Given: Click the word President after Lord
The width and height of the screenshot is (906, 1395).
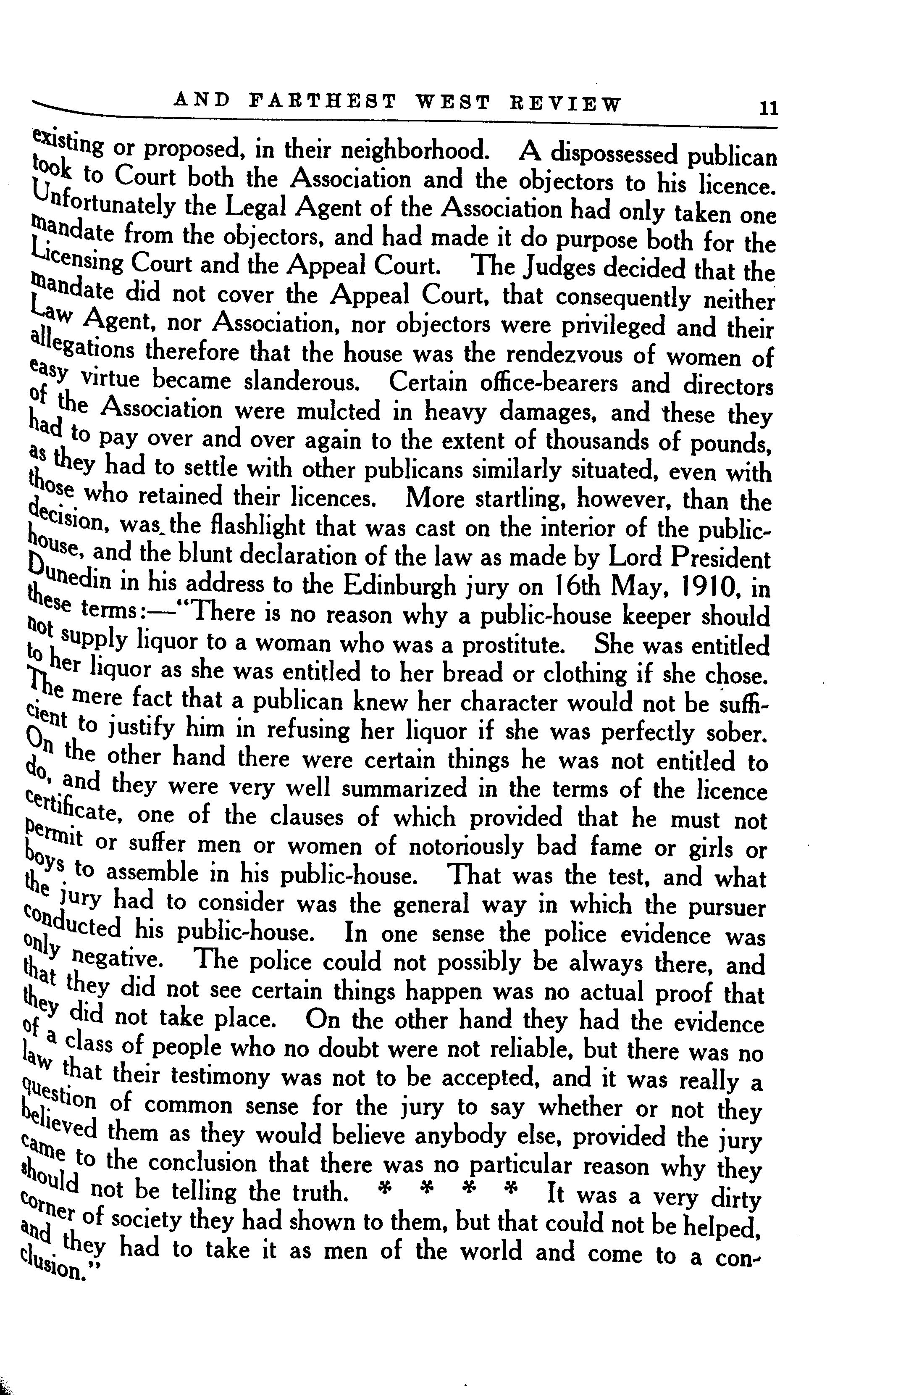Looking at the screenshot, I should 720,558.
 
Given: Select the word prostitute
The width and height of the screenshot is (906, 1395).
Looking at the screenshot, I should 513,645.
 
